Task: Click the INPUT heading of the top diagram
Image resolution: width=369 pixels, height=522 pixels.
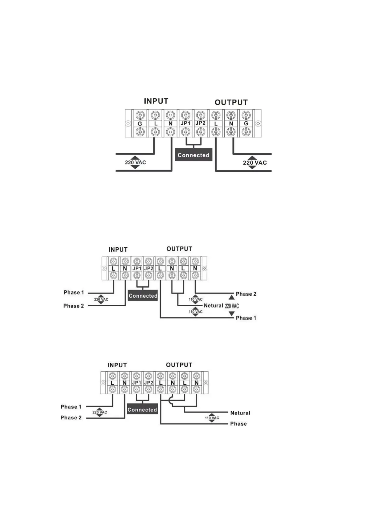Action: point(156,101)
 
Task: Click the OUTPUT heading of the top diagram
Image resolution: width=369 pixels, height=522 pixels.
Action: point(231,102)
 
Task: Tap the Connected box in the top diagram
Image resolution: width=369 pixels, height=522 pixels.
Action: point(193,155)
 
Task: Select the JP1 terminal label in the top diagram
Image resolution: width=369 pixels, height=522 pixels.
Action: point(185,123)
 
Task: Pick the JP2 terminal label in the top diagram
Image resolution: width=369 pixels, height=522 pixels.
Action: point(200,123)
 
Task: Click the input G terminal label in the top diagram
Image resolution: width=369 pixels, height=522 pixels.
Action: point(140,124)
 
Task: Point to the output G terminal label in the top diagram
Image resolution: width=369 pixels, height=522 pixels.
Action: point(246,123)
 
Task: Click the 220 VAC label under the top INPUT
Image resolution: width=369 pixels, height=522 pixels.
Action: point(135,162)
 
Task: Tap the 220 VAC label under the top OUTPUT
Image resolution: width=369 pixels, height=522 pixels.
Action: point(255,163)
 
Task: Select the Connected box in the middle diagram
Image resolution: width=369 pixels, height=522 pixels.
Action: point(143,296)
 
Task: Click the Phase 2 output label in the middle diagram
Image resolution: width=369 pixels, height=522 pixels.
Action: point(246,294)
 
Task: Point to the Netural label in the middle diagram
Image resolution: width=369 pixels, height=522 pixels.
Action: point(213,306)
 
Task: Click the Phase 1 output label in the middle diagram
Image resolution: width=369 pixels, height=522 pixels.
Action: point(246,318)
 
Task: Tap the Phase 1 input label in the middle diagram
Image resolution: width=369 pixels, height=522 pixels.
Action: point(74,292)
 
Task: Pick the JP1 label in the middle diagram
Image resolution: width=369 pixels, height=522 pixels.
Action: point(137,268)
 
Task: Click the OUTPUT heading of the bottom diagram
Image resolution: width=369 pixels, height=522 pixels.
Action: point(179,365)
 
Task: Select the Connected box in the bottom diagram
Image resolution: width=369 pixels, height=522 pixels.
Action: point(142,410)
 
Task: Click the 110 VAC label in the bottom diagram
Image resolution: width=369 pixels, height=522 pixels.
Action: point(212,418)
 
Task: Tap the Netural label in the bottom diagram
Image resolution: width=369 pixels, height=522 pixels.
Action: point(240,413)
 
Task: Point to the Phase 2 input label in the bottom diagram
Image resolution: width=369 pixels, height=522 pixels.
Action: point(71,418)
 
